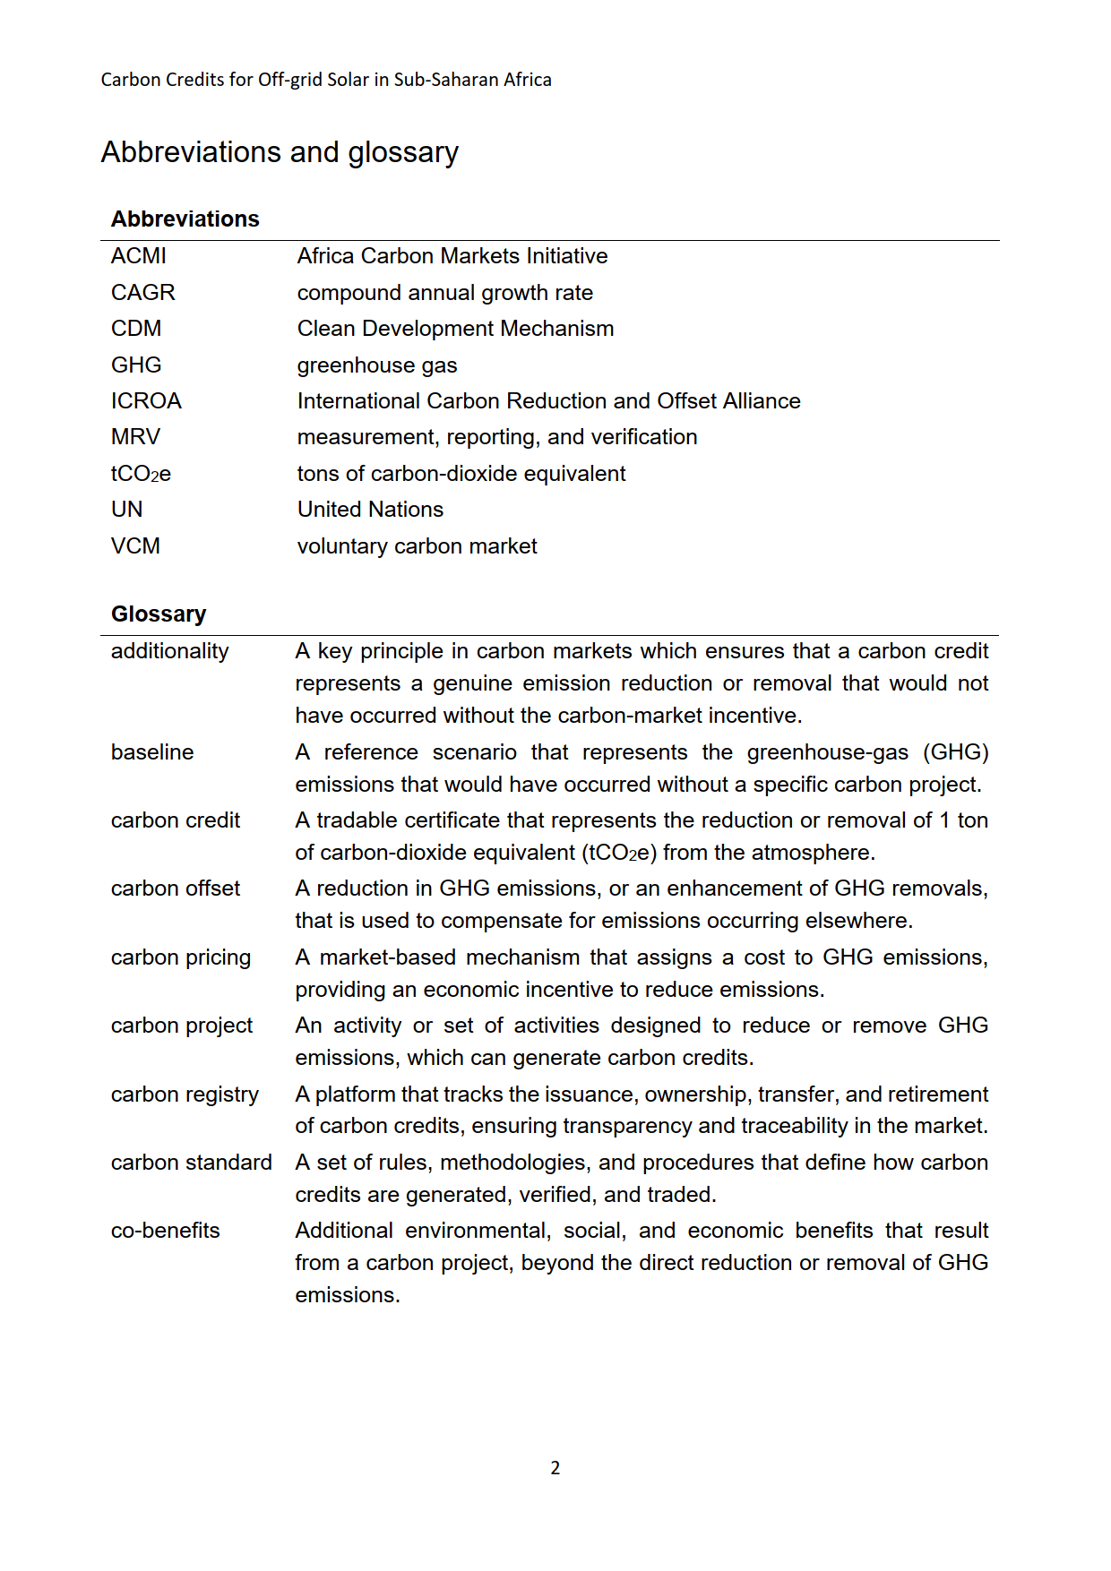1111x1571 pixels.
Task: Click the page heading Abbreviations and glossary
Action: (280, 152)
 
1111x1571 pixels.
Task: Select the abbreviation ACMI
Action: (139, 256)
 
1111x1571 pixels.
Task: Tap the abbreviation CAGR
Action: (143, 293)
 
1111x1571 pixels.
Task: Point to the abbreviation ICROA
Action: (146, 401)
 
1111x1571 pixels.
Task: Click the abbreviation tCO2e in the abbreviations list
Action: (141, 474)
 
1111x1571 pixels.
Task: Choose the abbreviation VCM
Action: (135, 546)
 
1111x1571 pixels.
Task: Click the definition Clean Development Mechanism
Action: (455, 329)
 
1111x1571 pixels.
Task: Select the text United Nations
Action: (370, 510)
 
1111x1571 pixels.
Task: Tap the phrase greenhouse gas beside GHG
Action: (377, 365)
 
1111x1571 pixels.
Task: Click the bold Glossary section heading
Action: (159, 614)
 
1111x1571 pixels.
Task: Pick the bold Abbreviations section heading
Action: (185, 219)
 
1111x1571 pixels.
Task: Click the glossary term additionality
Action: (170, 651)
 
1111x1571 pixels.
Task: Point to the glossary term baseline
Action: (152, 752)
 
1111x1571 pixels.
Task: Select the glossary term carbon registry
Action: (185, 1095)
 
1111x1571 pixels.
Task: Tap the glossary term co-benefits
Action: (166, 1231)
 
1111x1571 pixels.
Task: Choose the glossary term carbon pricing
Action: (181, 957)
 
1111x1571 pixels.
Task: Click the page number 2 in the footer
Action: (555, 1468)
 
